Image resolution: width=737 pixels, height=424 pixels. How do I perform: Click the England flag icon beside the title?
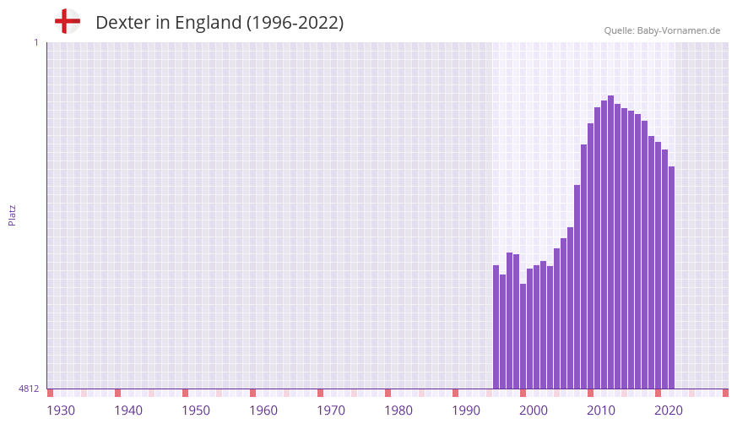click(x=67, y=22)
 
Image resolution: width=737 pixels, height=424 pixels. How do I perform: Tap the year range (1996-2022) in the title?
click(x=295, y=23)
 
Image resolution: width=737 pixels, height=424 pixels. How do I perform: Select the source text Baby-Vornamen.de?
click(x=678, y=30)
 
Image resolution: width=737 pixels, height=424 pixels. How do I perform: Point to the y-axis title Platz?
click(x=12, y=215)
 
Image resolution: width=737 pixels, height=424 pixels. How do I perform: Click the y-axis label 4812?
click(x=28, y=389)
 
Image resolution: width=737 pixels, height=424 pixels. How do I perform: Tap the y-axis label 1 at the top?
click(x=35, y=42)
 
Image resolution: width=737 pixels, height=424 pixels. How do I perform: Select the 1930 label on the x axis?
click(x=61, y=410)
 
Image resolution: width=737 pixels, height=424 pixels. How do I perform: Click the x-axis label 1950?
click(x=196, y=410)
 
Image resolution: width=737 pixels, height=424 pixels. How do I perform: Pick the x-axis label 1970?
click(x=331, y=410)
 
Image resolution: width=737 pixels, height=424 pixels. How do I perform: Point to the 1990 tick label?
click(x=466, y=410)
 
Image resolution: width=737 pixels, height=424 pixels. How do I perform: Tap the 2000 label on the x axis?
click(x=534, y=410)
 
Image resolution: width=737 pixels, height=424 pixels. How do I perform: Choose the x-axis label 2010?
click(x=601, y=410)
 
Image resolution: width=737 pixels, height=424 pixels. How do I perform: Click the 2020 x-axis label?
click(x=669, y=410)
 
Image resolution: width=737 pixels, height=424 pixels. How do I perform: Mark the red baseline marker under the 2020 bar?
click(x=658, y=393)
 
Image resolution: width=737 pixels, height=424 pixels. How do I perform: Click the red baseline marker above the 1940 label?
click(x=117, y=393)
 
